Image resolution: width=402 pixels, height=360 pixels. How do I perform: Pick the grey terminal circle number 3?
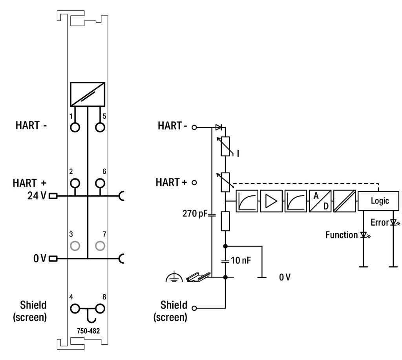75,246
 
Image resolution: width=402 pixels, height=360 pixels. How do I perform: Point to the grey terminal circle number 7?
100,246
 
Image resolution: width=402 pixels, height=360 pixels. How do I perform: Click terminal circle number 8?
100,308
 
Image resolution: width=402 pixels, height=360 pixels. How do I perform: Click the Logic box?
380,201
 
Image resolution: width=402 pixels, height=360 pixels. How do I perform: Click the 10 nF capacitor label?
241,260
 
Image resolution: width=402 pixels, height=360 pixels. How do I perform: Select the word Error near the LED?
379,222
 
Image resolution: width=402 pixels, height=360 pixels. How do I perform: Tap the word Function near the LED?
342,235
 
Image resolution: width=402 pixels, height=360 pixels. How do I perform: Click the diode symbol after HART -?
219,127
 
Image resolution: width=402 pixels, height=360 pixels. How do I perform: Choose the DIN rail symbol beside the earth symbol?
196,277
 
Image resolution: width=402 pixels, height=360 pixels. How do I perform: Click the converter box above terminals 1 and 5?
88,94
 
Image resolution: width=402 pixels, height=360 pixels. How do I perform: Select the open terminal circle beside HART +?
194,183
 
